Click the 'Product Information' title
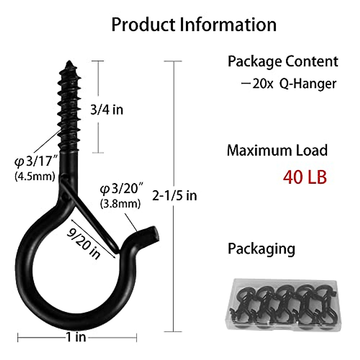194,25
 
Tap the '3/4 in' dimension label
107,110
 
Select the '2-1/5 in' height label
175,196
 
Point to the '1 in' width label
76,337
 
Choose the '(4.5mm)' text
35,176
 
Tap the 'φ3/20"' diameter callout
121,189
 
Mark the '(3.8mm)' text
120,204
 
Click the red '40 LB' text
305,177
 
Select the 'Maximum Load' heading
277,150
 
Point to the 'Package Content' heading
283,61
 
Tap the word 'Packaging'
261,249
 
